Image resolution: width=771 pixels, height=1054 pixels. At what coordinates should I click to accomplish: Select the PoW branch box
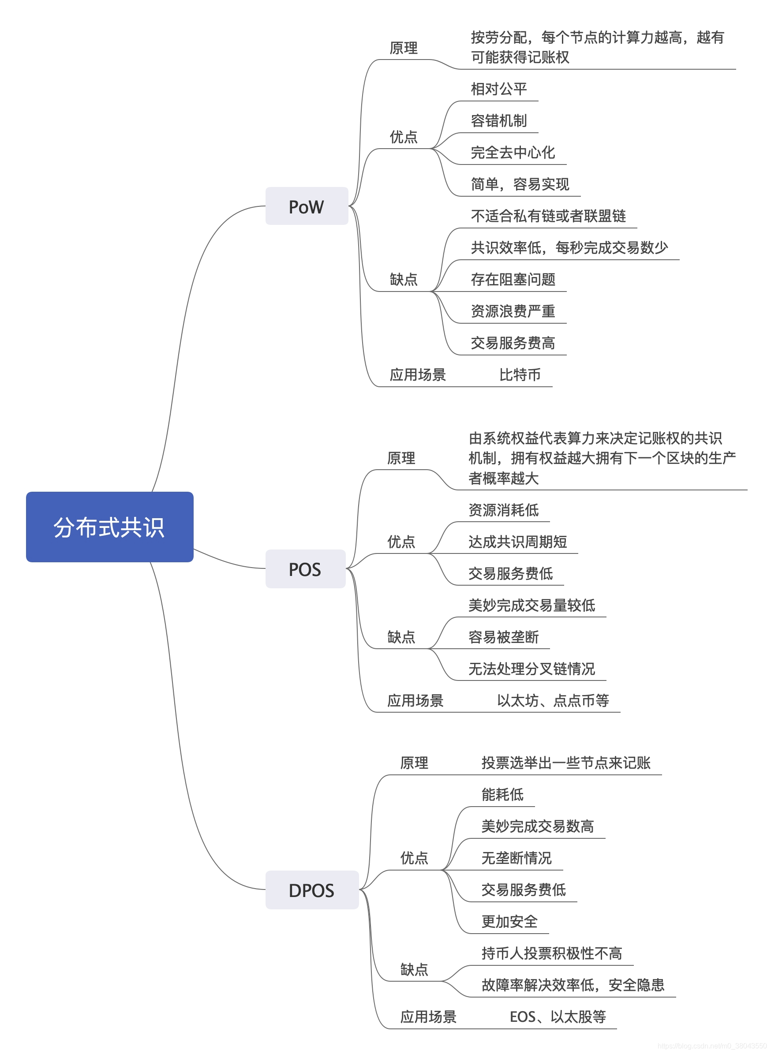307,206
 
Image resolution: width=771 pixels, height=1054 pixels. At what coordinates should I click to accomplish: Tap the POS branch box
305,569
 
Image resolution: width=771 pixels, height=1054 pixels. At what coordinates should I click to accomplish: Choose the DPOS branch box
312,890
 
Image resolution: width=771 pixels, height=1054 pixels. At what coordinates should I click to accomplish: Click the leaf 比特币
520,374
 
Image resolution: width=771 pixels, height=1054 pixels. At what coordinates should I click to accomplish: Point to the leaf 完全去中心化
513,152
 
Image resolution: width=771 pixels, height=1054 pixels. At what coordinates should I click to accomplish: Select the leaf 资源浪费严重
513,311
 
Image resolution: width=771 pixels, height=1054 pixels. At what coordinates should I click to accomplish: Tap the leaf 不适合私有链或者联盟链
548,216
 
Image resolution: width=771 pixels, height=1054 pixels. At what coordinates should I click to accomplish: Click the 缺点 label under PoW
403,279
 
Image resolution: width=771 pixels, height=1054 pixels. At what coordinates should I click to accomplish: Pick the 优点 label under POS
401,541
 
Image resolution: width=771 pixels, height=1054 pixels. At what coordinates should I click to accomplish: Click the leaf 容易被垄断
503,636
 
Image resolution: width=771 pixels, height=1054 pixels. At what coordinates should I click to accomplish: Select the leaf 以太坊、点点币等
553,700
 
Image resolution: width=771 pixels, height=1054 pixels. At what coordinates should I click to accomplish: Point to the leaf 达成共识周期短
517,541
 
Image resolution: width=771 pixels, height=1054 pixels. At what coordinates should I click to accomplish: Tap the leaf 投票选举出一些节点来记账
565,762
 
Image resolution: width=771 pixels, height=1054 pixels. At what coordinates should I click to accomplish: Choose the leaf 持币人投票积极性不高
551,953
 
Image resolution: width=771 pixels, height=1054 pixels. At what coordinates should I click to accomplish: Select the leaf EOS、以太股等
557,1016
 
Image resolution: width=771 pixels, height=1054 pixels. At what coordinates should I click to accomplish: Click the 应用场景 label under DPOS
428,1016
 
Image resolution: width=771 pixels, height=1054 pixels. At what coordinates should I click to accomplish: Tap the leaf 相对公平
498,89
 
